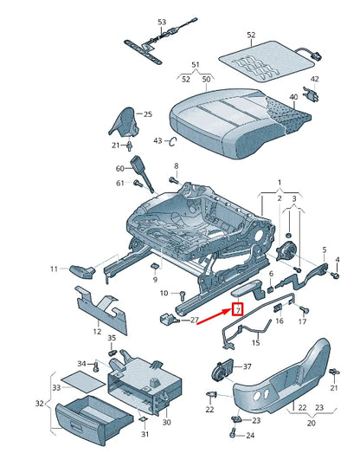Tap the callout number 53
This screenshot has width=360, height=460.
(162, 20)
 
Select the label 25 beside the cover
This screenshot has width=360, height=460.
(147, 113)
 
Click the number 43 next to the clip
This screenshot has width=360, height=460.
(157, 140)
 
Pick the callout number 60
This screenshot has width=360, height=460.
(120, 168)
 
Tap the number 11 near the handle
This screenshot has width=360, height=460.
(54, 269)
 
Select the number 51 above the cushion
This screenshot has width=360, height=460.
(195, 64)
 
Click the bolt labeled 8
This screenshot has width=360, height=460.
(174, 181)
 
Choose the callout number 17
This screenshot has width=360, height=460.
(302, 322)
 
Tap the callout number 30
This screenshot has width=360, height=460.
(166, 422)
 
